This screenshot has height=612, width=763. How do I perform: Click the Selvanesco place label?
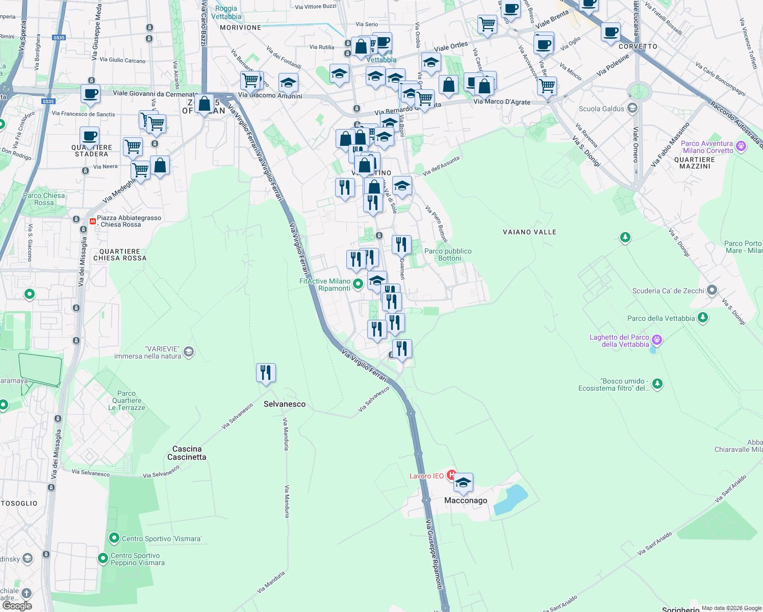coord(285,404)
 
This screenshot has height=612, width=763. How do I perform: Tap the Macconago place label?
coord(465,500)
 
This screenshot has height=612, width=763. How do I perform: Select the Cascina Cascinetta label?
coord(187,453)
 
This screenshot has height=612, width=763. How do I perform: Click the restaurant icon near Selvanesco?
coord(266,373)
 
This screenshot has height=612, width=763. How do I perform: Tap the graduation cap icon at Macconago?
coord(463,482)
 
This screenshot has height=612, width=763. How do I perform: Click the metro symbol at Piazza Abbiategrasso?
coord(92,221)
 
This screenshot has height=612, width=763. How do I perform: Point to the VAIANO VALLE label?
coord(529,232)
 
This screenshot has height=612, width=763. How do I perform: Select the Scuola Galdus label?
coord(601,109)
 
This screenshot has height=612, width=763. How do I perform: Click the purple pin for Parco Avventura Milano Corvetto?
coord(741,146)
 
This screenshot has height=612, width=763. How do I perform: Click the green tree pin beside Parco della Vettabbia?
coord(703,317)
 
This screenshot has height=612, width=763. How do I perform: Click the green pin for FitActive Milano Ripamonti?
coord(358,284)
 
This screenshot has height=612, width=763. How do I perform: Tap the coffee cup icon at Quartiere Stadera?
coord(89,137)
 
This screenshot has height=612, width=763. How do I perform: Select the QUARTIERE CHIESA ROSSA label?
coord(120,254)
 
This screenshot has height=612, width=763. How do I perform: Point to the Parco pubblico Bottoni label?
coord(448,254)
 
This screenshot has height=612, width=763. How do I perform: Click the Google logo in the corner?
coord(17,605)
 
